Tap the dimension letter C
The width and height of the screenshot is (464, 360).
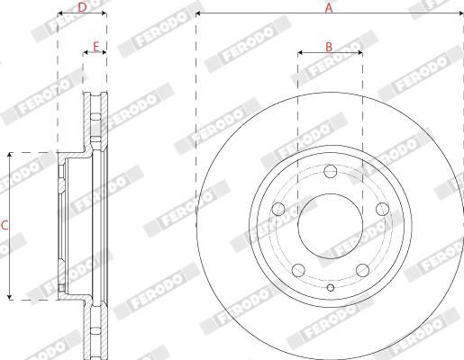coord(5,225)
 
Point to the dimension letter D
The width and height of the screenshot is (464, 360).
coord(82,7)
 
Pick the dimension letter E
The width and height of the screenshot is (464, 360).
coord(95,45)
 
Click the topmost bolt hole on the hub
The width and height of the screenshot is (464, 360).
coord(330,171)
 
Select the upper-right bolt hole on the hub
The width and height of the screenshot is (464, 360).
coord(382,209)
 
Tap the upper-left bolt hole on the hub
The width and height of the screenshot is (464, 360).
coord(277,209)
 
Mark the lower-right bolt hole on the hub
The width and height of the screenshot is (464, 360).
coord(362,269)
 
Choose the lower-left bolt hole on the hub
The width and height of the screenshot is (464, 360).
coord(297,269)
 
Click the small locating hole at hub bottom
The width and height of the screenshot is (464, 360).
coord(330,288)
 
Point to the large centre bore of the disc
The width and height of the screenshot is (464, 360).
coord(330,226)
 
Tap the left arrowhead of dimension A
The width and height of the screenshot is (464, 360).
coord(198,15)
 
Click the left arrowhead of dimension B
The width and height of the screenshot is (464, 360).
coord(300,53)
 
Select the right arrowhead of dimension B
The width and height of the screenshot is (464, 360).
coord(359,53)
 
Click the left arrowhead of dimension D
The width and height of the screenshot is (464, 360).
coord(60,15)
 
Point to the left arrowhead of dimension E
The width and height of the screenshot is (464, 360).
coord(86,53)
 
